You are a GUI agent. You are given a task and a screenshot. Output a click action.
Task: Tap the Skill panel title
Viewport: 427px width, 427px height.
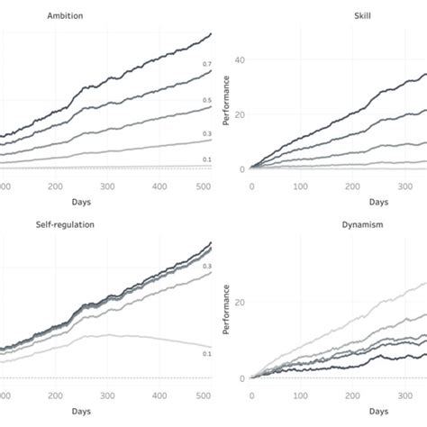pos(339,14)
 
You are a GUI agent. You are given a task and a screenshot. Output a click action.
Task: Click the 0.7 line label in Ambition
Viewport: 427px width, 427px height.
pos(207,65)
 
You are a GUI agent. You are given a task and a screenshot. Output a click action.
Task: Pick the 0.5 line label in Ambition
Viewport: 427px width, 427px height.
pos(207,100)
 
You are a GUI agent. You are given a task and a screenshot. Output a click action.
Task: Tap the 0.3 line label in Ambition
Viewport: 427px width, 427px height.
pos(207,133)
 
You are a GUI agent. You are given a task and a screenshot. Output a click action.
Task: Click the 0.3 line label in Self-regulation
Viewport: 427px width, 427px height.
pos(207,267)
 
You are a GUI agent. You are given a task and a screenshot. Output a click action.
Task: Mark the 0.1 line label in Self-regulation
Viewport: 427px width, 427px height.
pos(207,355)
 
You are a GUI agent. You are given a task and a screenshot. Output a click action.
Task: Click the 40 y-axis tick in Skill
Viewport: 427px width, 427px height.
pos(239,60)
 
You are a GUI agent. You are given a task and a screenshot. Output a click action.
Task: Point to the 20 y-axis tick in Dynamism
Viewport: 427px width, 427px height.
pos(239,302)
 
